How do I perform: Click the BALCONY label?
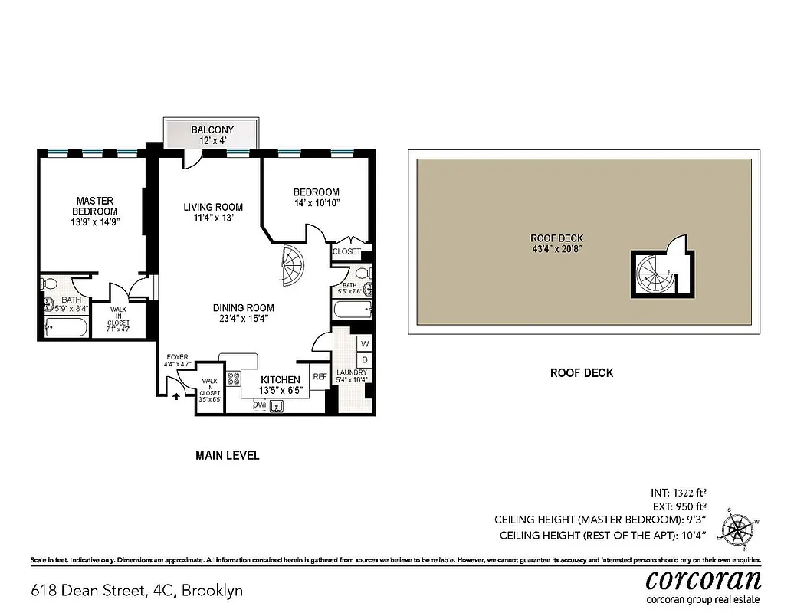[x=212, y=130]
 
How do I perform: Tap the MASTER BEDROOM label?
[x=94, y=206]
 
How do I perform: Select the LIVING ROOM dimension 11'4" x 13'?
[x=213, y=218]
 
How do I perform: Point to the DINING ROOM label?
[x=243, y=308]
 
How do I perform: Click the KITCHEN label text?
[x=280, y=380]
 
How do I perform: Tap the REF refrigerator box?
[x=319, y=376]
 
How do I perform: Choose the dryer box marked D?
[x=365, y=359]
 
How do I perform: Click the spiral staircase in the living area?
[x=291, y=267]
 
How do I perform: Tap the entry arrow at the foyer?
[x=176, y=396]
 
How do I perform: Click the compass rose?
[x=740, y=529]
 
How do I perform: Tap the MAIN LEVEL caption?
[x=228, y=455]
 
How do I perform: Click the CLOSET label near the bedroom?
[x=346, y=251]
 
